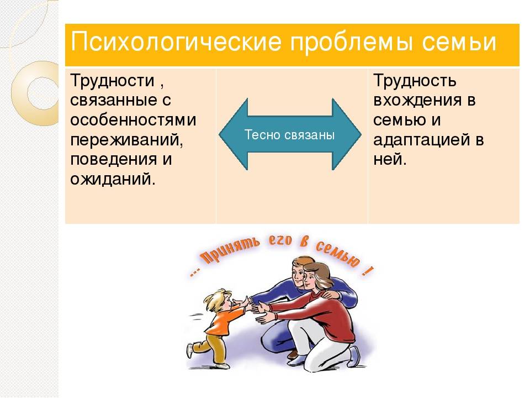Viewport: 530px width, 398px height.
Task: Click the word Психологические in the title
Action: pos(176,43)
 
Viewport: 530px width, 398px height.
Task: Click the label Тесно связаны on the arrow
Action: pos(289,135)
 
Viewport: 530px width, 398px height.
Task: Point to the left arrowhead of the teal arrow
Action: pos(233,134)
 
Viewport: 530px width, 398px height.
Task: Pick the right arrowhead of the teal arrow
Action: pos(347,134)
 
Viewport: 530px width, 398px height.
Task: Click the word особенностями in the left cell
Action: pos(133,120)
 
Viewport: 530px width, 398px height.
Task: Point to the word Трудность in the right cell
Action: pos(415,81)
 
